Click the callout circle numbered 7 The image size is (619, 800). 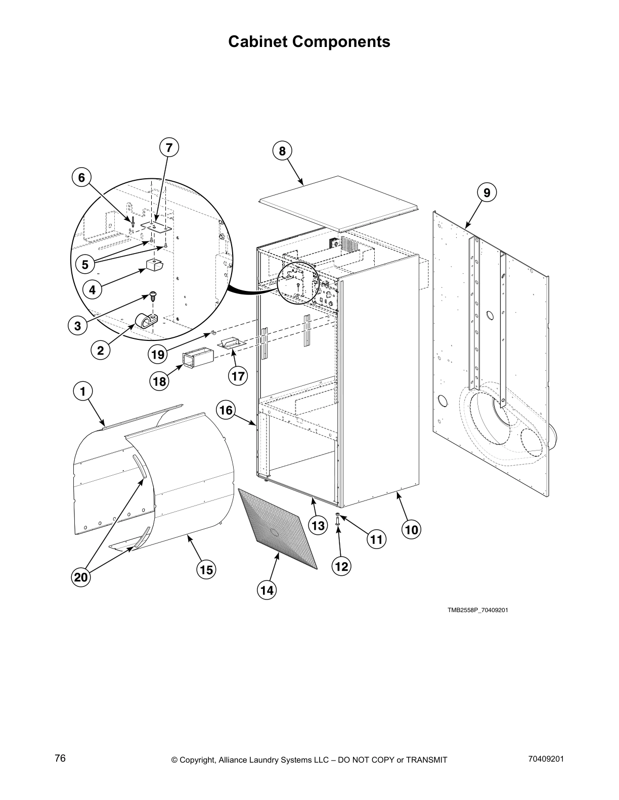point(169,148)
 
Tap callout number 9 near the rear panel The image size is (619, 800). point(487,192)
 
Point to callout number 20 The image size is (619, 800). point(81,577)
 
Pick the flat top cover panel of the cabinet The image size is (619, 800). point(337,197)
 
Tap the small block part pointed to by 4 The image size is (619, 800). point(153,264)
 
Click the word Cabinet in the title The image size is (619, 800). point(259,41)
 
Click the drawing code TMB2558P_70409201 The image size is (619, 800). point(477,610)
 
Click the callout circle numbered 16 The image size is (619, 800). point(226,410)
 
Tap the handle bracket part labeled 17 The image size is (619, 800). point(232,343)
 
